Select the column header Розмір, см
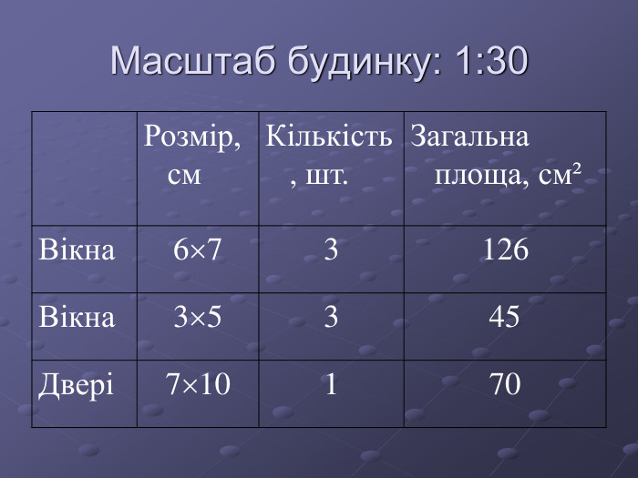pos(193,155)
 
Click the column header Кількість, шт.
pos(329,155)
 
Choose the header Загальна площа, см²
pos(497,155)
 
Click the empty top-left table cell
pos(85,168)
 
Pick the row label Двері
pos(77,384)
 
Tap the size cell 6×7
pos(198,250)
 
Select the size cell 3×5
pos(198,317)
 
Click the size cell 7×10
pos(198,384)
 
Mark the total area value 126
pos(505,250)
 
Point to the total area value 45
pos(505,317)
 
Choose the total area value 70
pos(505,384)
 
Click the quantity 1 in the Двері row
pos(331,384)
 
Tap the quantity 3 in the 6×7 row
pos(331,250)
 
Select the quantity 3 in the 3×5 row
pos(331,317)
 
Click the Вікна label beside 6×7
pos(77,250)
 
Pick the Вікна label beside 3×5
pos(77,317)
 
